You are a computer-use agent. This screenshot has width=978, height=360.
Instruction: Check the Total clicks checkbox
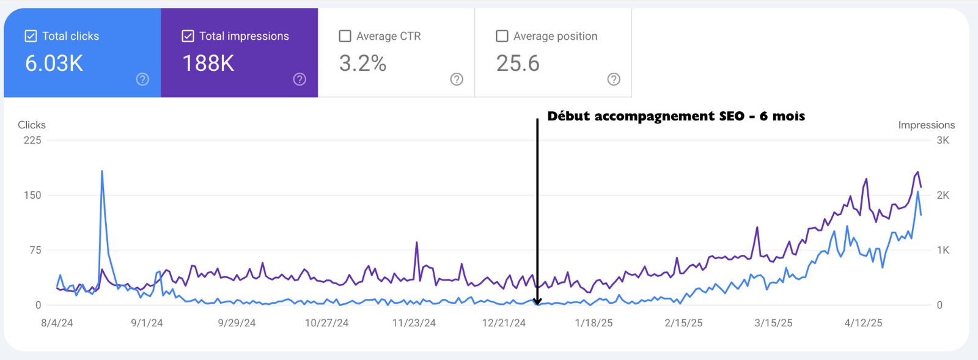coord(31,36)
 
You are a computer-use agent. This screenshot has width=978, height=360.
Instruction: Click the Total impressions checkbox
coord(188,36)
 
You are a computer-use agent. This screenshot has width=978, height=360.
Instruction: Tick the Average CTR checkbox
coord(345,36)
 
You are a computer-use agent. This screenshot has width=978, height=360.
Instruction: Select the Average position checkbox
coord(502,36)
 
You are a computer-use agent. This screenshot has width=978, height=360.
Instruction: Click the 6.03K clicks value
coord(54,64)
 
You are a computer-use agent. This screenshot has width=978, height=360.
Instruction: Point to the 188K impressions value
coord(208,64)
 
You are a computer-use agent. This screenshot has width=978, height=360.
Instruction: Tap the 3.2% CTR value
coord(362,64)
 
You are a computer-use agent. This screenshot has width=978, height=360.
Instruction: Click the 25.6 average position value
coord(518,64)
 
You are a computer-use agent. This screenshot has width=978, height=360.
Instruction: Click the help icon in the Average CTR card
coord(457,79)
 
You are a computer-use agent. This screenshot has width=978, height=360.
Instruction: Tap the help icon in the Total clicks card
coord(142,79)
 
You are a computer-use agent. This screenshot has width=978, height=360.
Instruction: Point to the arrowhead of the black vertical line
coord(537,301)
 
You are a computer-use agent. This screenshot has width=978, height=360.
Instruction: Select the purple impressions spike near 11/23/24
coord(417,243)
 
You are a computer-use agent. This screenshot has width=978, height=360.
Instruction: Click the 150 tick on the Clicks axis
coord(32,195)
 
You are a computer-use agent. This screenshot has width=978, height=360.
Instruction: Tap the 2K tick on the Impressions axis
coord(943,195)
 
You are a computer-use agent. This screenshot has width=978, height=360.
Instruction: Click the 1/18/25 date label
coord(594,323)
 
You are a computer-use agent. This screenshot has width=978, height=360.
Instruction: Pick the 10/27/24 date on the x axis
coord(326,323)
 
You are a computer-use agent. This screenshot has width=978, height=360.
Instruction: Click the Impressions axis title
coord(926,125)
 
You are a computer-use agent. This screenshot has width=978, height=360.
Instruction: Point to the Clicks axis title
coord(32,125)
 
